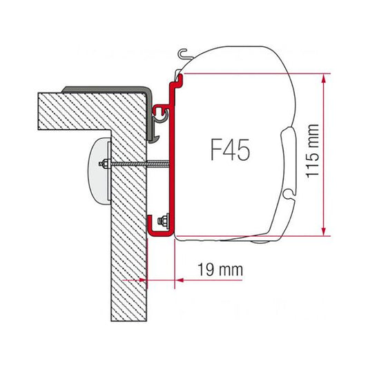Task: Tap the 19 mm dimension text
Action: pos(220,270)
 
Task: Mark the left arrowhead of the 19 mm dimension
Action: pos(146,280)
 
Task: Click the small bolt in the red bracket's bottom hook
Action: pos(165,221)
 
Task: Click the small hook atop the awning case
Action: pos(182,52)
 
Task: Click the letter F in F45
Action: pos(213,148)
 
